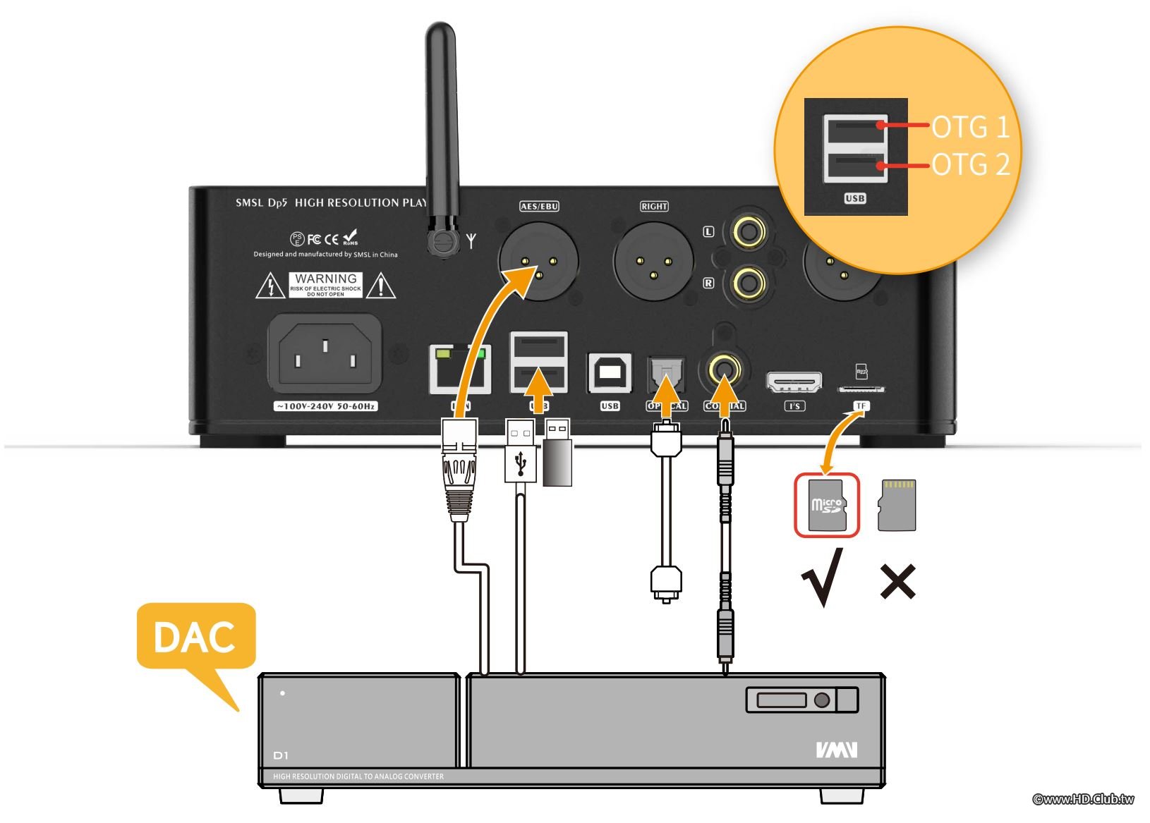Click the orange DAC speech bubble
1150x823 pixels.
195,637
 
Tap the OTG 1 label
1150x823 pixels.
970,127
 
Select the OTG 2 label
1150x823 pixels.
970,165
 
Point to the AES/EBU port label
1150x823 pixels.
539,206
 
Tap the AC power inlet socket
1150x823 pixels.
325,354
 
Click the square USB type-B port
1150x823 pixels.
610,372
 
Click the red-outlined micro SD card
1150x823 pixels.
827,505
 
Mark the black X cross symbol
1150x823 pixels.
897,582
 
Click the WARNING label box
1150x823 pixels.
325,285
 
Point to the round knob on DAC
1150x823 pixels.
821,700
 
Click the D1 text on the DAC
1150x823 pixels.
281,755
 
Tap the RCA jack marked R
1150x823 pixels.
749,283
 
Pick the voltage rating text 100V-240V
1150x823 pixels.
325,406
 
